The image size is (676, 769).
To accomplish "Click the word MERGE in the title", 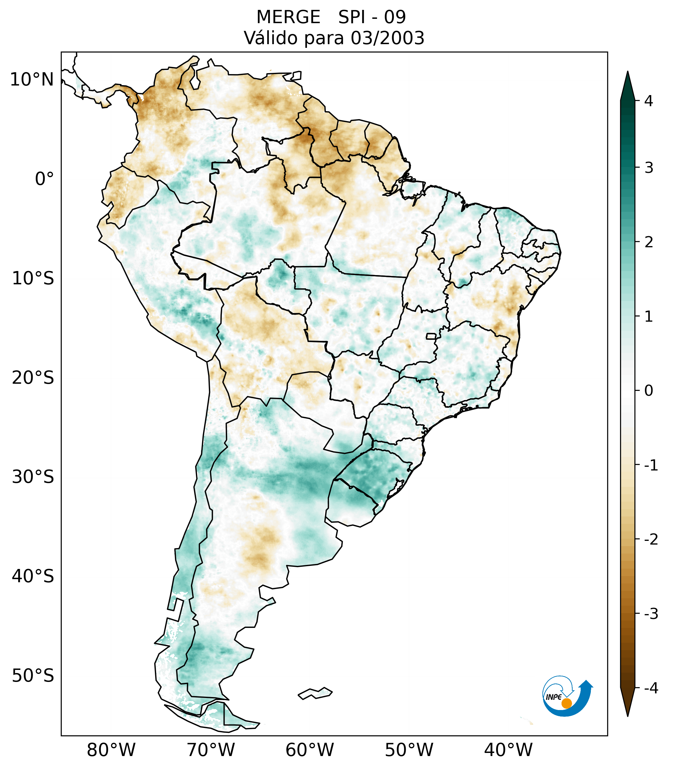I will click(288, 17).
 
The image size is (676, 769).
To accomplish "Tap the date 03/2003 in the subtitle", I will click(387, 38).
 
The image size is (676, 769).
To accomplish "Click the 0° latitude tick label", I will click(44, 179).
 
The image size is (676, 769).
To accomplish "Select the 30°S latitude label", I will click(33, 477).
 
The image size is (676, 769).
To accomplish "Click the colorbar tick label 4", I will click(649, 101).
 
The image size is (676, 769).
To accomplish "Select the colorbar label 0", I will click(649, 391).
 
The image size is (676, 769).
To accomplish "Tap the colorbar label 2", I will click(649, 242).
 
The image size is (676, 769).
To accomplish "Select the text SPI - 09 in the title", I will click(372, 17).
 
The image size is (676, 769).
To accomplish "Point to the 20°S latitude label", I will click(33, 378).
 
